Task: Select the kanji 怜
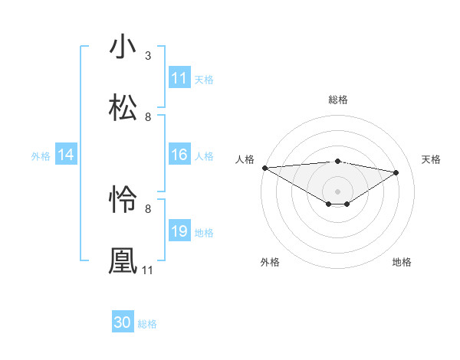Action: [123, 200]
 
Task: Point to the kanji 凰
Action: [123, 260]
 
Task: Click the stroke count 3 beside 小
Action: [148, 56]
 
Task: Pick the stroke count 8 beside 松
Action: [148, 116]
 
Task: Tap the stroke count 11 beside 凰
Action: [148, 270]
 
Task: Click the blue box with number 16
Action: [179, 155]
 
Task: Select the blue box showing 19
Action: [179, 231]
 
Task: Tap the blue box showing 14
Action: [66, 155]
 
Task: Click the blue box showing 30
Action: [123, 322]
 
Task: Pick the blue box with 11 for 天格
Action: [179, 78]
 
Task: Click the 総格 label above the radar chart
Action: [338, 100]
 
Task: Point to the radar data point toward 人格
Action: [264, 167]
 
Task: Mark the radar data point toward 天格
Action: [396, 172]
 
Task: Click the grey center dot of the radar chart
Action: [338, 191]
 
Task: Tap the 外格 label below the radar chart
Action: [270, 262]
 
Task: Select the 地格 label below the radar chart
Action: [402, 262]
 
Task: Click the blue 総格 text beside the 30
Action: [147, 324]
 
